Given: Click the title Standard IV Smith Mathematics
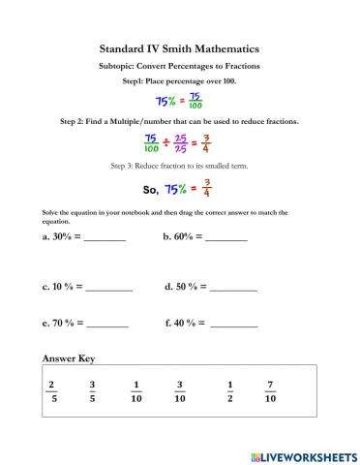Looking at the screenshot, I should [x=179, y=46].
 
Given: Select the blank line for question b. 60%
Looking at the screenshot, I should [x=226, y=237].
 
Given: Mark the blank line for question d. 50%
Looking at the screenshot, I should [x=234, y=289].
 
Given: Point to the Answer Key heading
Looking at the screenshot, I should [x=68, y=357].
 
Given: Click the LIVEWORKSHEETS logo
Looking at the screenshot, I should [x=303, y=454].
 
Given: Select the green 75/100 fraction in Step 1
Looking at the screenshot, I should [x=195, y=101].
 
